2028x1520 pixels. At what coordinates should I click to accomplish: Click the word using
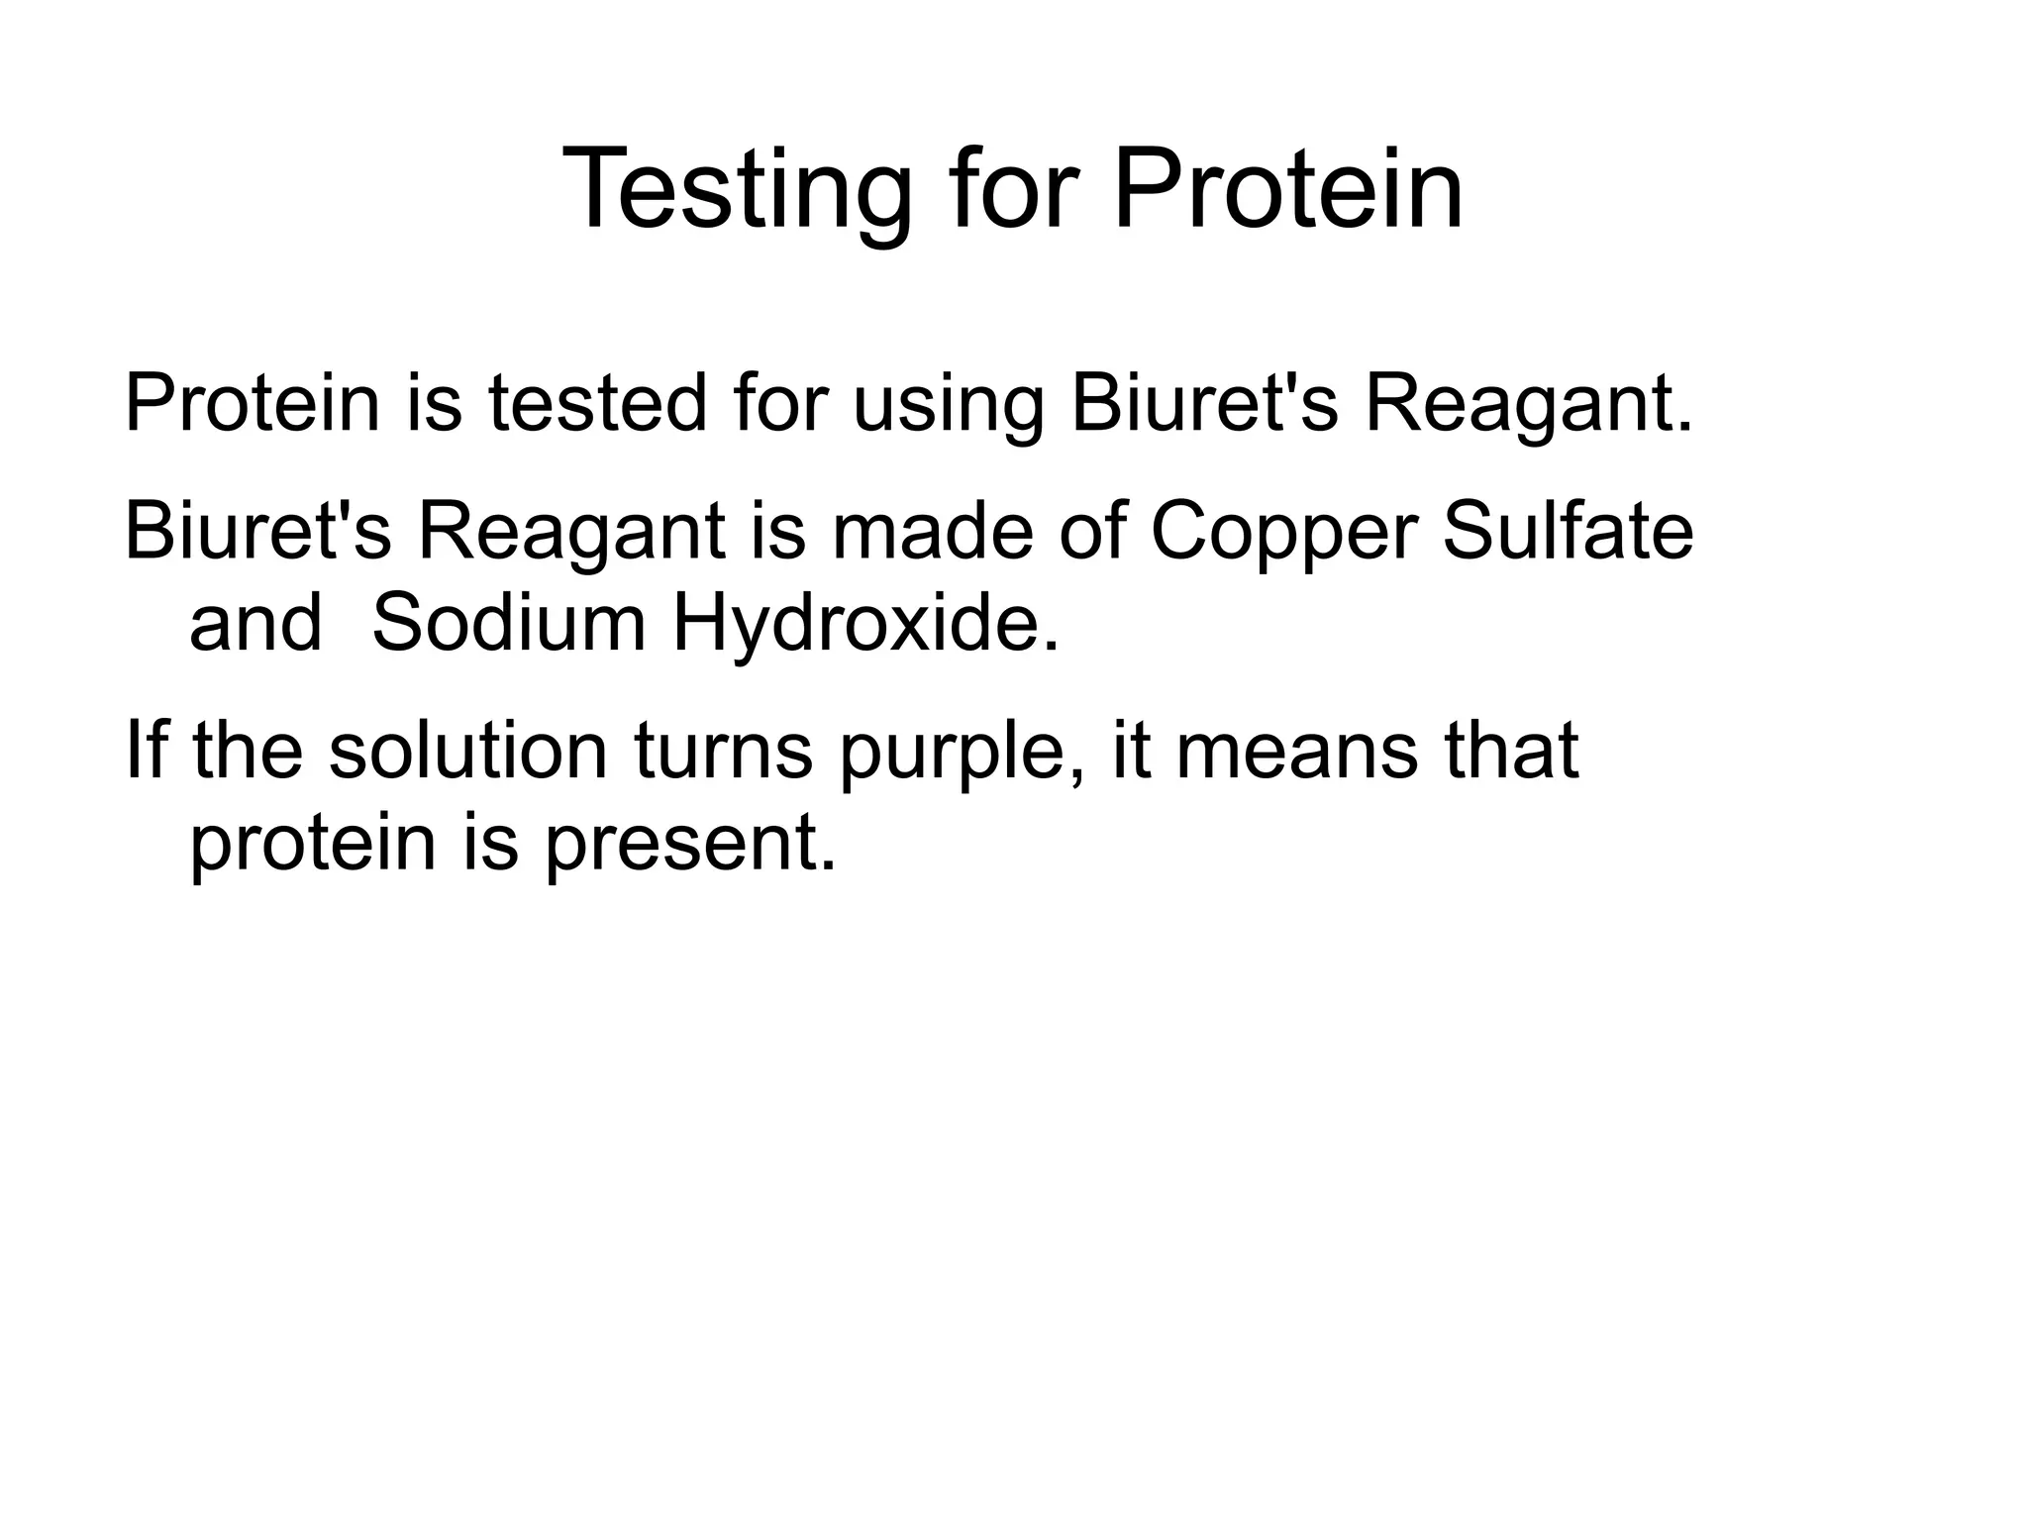949,406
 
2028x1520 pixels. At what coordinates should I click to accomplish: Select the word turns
723,751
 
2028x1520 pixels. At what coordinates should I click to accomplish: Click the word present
690,844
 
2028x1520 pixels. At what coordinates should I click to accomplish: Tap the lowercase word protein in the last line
313,844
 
